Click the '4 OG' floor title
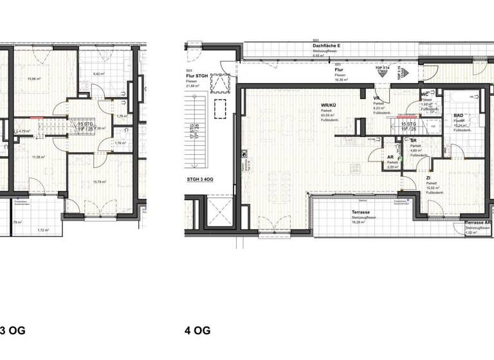pyautogui.click(x=197, y=331)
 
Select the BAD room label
pyautogui.click(x=458, y=115)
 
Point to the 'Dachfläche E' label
pyautogui.click(x=326, y=46)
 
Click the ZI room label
pyautogui.click(x=428, y=177)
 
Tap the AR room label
pyautogui.click(x=390, y=157)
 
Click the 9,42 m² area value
pyautogui.click(x=98, y=74)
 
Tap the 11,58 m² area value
pyautogui.click(x=39, y=156)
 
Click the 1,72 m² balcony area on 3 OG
pyautogui.click(x=42, y=230)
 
